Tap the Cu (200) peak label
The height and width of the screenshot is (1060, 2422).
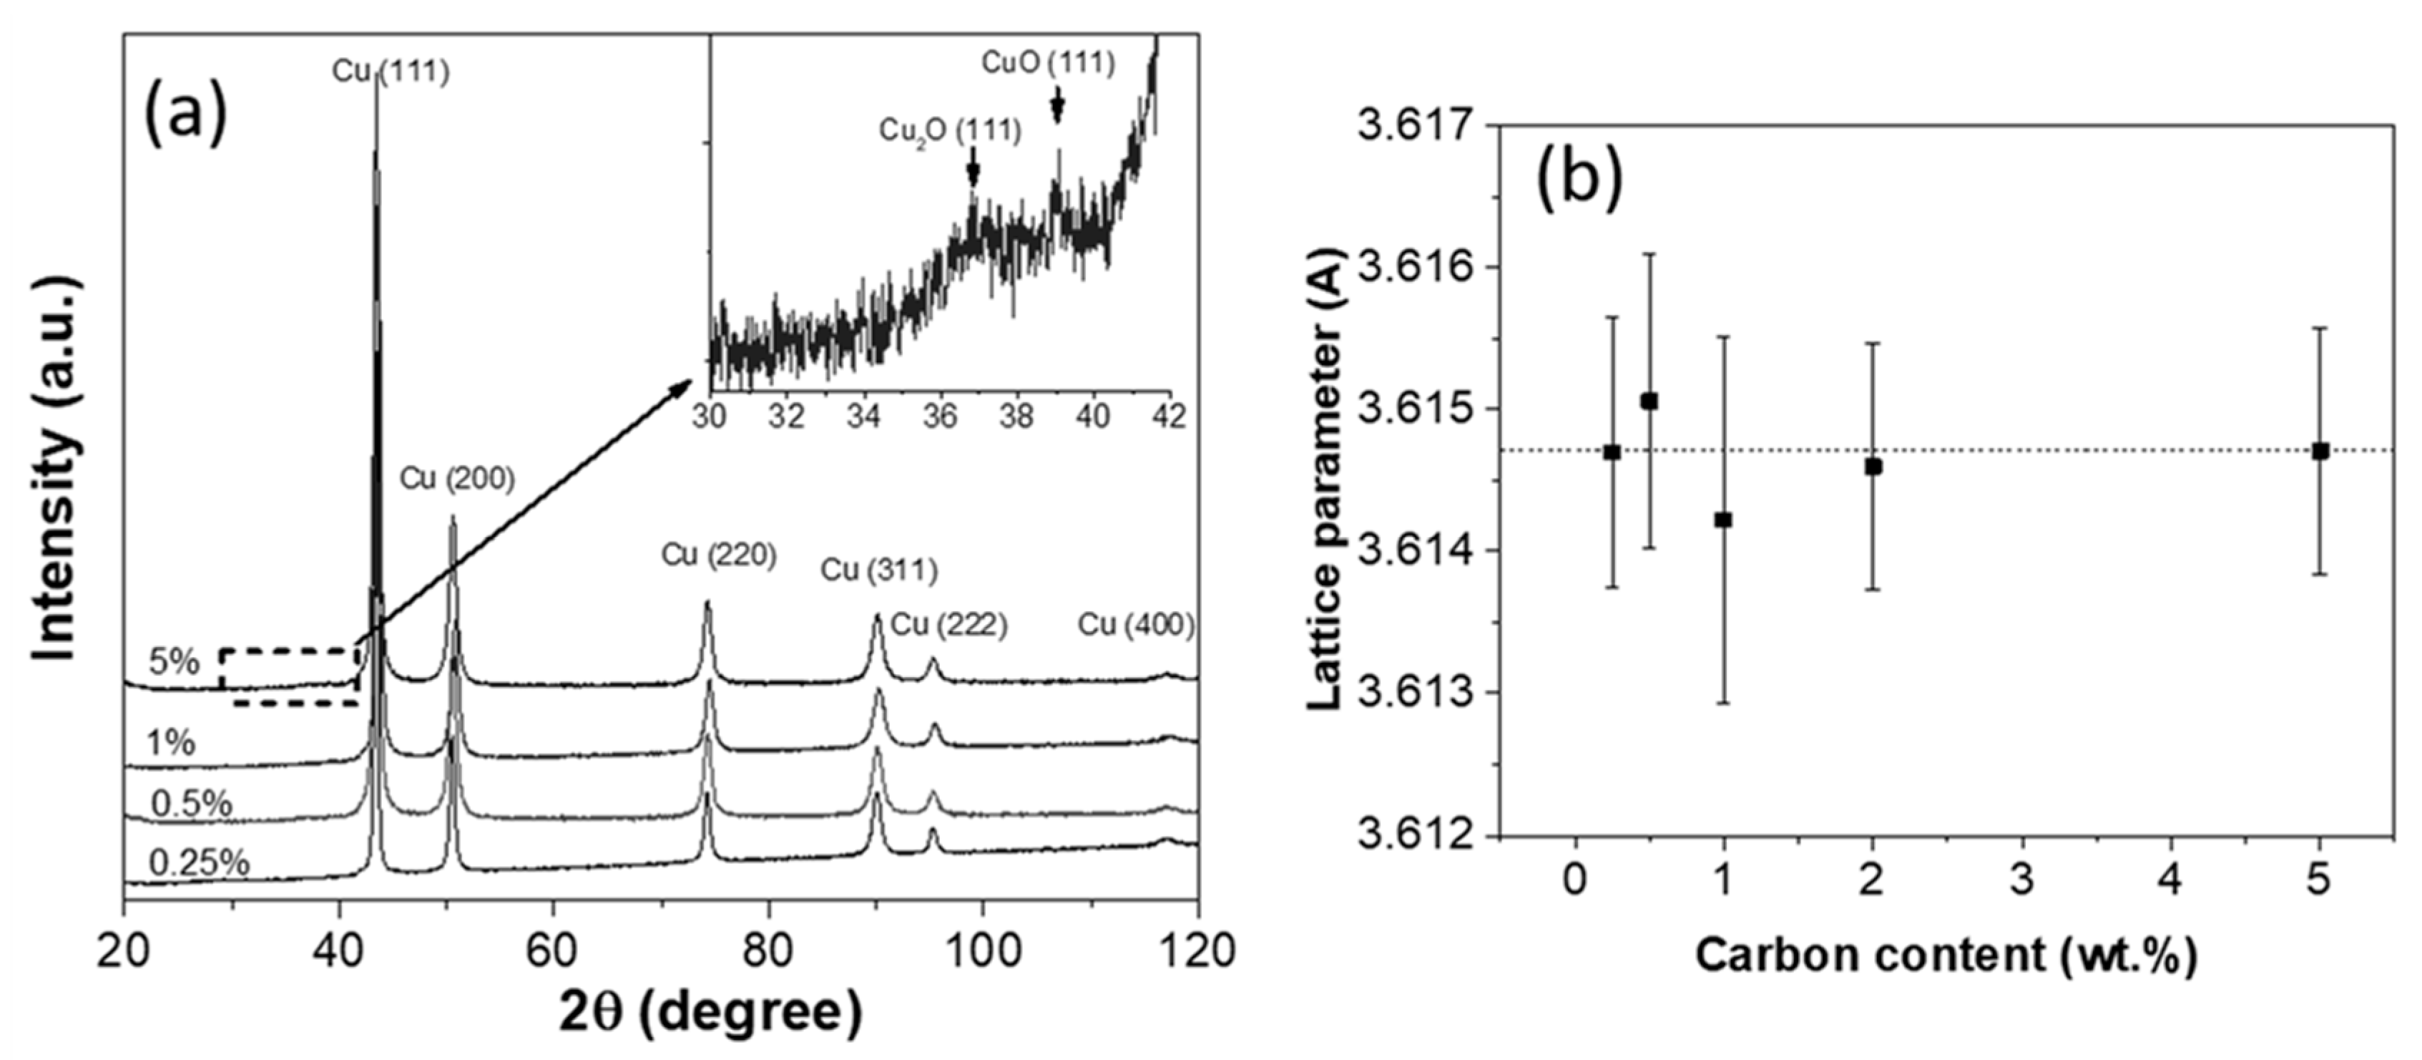click(458, 479)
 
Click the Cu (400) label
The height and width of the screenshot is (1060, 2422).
click(1136, 625)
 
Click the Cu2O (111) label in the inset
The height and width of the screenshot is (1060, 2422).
click(950, 131)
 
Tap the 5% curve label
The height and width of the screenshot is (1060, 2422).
click(175, 662)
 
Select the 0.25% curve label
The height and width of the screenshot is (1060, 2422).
click(200, 862)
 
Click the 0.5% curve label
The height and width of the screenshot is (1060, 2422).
click(192, 804)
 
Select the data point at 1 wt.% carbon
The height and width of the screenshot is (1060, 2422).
click(1723, 519)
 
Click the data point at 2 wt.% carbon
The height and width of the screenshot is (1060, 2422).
click(1873, 465)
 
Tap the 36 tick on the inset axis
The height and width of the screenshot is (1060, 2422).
click(940, 416)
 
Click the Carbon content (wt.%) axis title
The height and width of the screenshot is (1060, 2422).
click(1946, 956)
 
